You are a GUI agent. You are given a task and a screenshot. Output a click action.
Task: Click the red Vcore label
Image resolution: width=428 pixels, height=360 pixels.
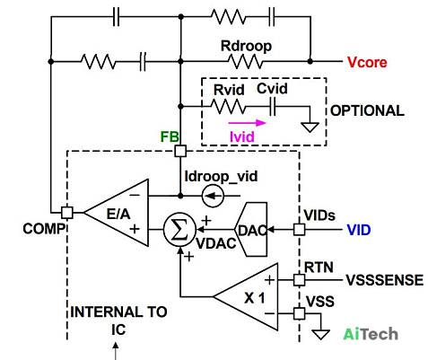pyautogui.click(x=367, y=62)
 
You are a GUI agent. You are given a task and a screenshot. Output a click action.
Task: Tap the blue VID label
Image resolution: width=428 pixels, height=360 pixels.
pyautogui.click(x=359, y=230)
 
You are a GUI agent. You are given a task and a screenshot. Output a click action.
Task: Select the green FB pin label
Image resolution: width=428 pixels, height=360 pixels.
pyautogui.click(x=170, y=136)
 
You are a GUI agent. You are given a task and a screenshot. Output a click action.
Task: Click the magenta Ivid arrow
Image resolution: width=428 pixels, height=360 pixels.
pyautogui.click(x=247, y=123)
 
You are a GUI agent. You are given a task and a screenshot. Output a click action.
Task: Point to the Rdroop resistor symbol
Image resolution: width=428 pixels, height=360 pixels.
pyautogui.click(x=245, y=61)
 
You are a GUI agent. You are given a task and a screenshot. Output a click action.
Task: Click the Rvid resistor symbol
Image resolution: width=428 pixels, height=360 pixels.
pyautogui.click(x=228, y=107)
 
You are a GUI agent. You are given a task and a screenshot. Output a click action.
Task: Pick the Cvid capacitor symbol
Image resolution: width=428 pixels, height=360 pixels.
pyautogui.click(x=272, y=107)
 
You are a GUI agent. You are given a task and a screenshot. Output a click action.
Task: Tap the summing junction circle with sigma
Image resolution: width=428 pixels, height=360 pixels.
pyautogui.click(x=179, y=230)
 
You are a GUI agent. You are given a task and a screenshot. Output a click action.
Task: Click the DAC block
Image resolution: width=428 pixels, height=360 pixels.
pyautogui.click(x=250, y=230)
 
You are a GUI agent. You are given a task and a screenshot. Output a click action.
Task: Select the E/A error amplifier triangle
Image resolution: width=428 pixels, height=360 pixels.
pyautogui.click(x=117, y=213)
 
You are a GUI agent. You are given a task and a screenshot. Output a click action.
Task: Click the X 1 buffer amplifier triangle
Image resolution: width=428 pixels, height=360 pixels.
pyautogui.click(x=246, y=296)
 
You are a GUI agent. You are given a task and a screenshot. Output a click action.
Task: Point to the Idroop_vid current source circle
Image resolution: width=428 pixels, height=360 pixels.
pyautogui.click(x=213, y=196)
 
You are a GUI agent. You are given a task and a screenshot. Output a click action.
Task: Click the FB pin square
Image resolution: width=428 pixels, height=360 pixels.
pyautogui.click(x=180, y=151)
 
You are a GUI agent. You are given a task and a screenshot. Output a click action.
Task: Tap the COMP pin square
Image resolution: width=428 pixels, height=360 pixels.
pyautogui.click(x=67, y=213)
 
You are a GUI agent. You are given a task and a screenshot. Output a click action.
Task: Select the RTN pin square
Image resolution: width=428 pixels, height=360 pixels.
pyautogui.click(x=299, y=280)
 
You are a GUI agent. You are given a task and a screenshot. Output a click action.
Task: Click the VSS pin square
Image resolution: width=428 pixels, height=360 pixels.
pyautogui.click(x=299, y=313)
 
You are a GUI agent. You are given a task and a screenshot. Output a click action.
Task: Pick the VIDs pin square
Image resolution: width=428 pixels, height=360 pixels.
pyautogui.click(x=299, y=230)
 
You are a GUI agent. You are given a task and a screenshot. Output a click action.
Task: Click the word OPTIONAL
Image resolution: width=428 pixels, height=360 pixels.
pyautogui.click(x=367, y=110)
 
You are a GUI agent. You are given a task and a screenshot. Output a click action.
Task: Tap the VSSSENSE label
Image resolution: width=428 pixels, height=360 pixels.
pyautogui.click(x=385, y=280)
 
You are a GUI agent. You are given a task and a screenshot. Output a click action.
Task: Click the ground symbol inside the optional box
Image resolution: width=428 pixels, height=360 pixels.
pyautogui.click(x=310, y=127)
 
